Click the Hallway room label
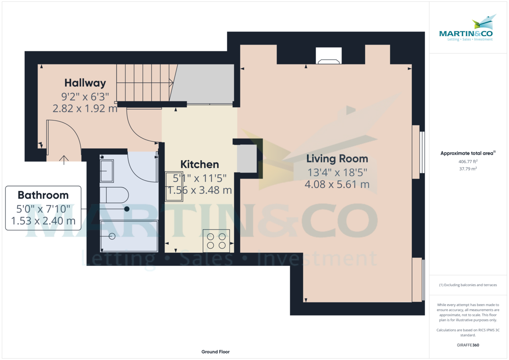point(85,83)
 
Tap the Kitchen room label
point(200,165)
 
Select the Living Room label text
point(337,159)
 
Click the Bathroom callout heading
point(43,195)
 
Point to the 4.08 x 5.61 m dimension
point(337,185)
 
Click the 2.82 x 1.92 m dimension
point(85,109)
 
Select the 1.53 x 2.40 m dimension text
point(43,220)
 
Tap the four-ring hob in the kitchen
point(216,241)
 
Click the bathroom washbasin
point(106,170)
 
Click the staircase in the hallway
point(144,83)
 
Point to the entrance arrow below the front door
point(64,160)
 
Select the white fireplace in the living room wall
point(329,56)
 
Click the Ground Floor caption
point(215,352)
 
